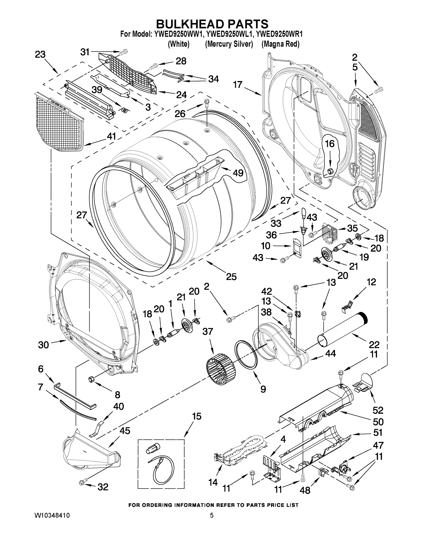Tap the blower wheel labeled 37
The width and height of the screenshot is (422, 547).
coord(221,369)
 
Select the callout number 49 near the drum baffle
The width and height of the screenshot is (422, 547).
coord(238,173)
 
